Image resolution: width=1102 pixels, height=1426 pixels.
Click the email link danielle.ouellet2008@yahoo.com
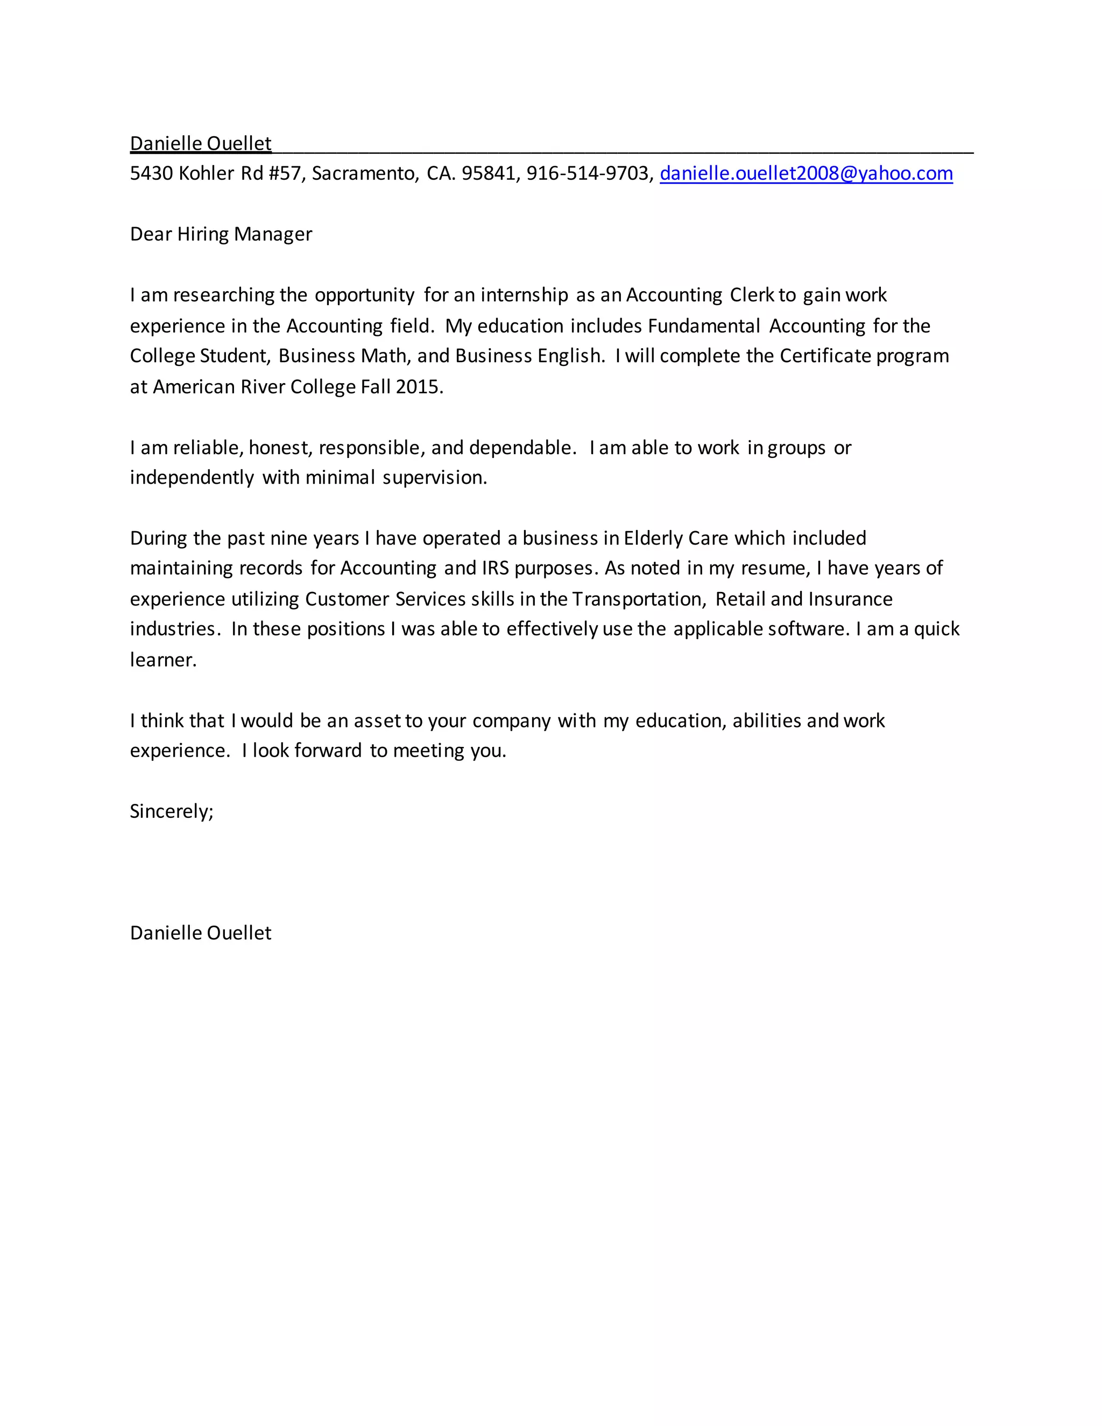pos(806,174)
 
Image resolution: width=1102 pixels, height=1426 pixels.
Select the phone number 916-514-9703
pos(588,174)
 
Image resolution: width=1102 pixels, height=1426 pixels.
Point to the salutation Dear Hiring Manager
pos(221,235)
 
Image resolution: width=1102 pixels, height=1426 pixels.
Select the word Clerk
pos(751,295)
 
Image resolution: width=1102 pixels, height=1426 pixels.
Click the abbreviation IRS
pos(495,568)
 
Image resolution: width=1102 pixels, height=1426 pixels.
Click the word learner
pos(163,660)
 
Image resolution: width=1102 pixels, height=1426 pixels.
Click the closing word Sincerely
pos(171,811)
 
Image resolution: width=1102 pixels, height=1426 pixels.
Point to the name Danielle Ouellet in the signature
pos(200,933)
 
